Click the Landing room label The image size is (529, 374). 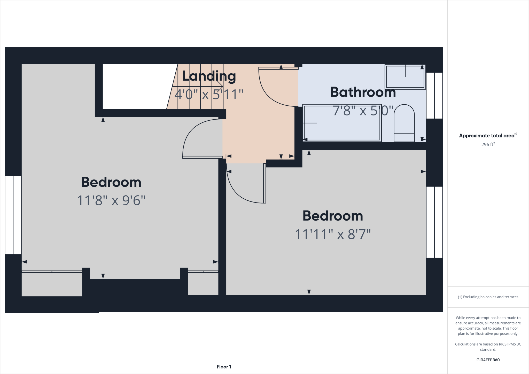pyautogui.click(x=209, y=76)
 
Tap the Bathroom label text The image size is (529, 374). pyautogui.click(x=363, y=92)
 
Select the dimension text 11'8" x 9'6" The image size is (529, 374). pyautogui.click(x=111, y=200)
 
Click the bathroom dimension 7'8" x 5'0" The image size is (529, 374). pyautogui.click(x=363, y=111)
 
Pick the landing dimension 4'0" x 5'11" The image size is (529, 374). pyautogui.click(x=209, y=94)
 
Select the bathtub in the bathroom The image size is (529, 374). pyautogui.click(x=342, y=123)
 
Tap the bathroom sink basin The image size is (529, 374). pyautogui.click(x=405, y=77)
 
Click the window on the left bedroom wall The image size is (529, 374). pyautogui.click(x=13, y=215)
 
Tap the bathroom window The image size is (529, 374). pyautogui.click(x=434, y=95)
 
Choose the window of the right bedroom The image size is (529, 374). pyautogui.click(x=434, y=222)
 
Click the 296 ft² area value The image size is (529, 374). pyautogui.click(x=488, y=145)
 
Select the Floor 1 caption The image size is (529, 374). pyautogui.click(x=224, y=367)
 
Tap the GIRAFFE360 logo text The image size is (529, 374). pyautogui.click(x=488, y=360)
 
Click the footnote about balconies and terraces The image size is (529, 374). pyautogui.click(x=488, y=297)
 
